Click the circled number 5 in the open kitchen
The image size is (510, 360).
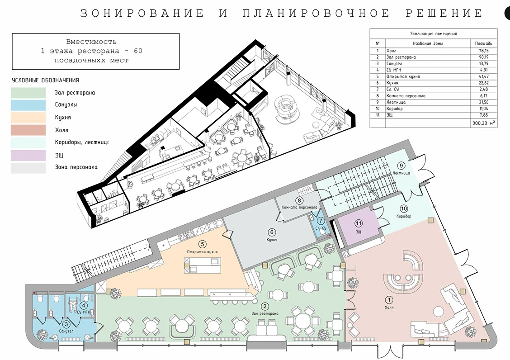coord(202,244)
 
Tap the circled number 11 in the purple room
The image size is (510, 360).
coord(359,223)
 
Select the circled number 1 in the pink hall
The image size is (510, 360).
coord(389,300)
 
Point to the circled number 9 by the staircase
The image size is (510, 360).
coord(401,166)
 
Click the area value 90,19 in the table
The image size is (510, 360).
coord(484,57)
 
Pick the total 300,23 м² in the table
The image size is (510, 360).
coord(484,123)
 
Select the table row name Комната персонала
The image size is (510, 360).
coord(406,96)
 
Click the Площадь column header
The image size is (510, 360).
coord(484,43)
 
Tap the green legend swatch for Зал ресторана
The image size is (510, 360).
coord(28,92)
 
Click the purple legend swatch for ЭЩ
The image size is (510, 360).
coord(28,155)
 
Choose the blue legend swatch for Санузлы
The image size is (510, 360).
coord(28,105)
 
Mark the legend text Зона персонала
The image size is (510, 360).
coord(76,167)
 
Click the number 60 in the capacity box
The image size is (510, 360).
coord(138,51)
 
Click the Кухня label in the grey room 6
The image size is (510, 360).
coord(272,240)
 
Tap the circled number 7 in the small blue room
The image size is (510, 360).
coord(321,221)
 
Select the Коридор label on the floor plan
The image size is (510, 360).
coord(404,216)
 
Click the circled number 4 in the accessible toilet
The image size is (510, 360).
coord(84,305)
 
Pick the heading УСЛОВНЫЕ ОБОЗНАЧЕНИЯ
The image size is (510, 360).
coord(46,81)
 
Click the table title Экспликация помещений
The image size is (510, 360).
coord(434,33)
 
